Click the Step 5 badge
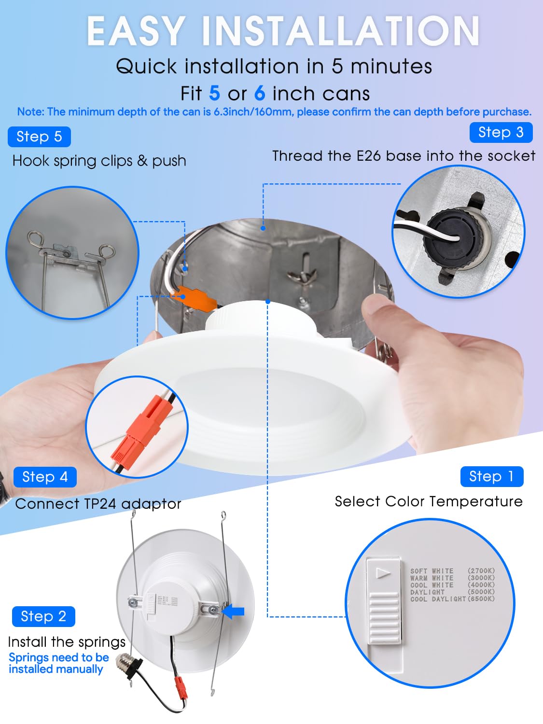pyautogui.click(x=39, y=137)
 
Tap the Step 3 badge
pyautogui.click(x=501, y=132)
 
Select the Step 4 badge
pyautogui.click(x=45, y=477)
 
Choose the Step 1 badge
pyautogui.click(x=491, y=476)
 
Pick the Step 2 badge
pyautogui.click(x=43, y=616)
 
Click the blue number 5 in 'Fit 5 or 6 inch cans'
pyautogui.click(x=215, y=93)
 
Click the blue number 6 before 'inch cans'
pyautogui.click(x=260, y=93)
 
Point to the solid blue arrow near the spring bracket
pyautogui.click(x=234, y=612)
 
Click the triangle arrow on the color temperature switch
pyautogui.click(x=383, y=573)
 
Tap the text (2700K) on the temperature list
pyautogui.click(x=481, y=571)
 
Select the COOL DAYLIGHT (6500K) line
pyautogui.click(x=452, y=599)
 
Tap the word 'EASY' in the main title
pyautogui.click(x=136, y=31)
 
